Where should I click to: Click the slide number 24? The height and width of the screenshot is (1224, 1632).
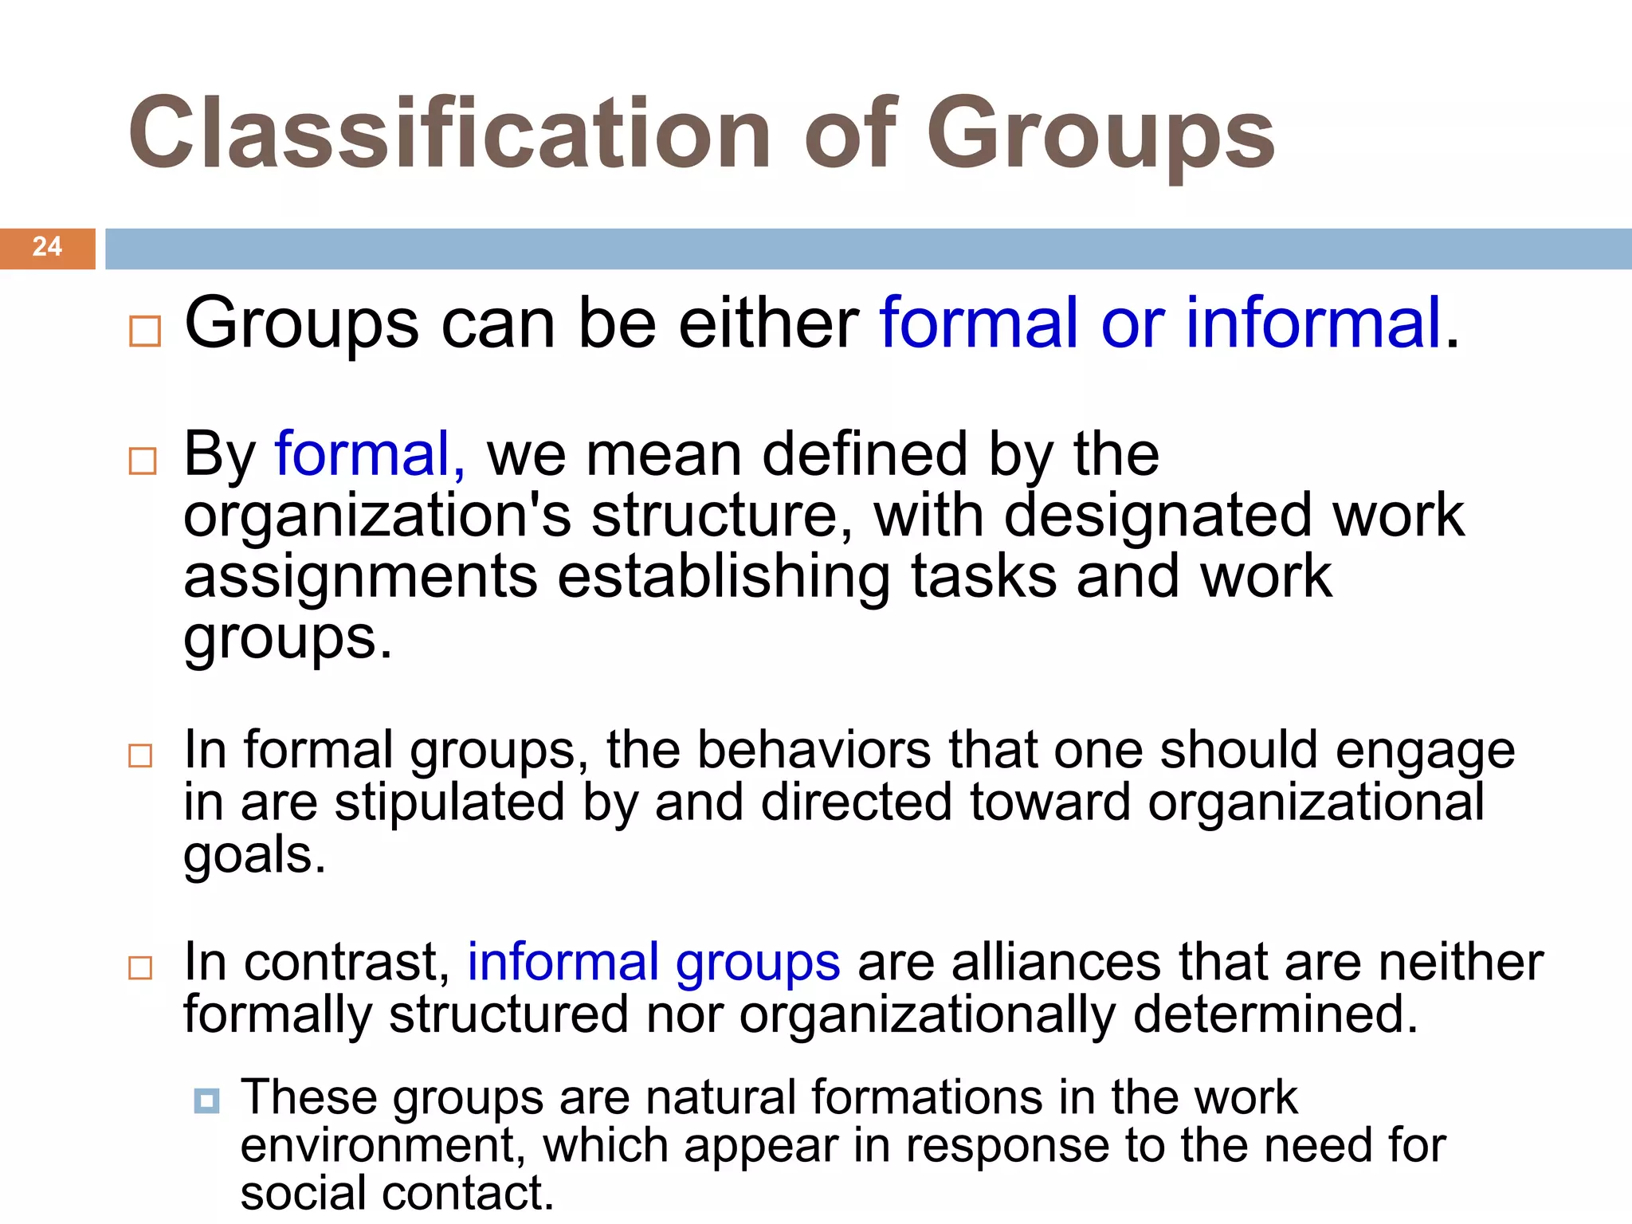pyautogui.click(x=47, y=247)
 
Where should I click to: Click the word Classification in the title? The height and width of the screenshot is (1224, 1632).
pyautogui.click(x=449, y=134)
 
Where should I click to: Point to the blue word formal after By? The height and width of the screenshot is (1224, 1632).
pyautogui.click(x=370, y=453)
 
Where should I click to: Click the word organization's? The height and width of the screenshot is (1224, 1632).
pyautogui.click(x=377, y=516)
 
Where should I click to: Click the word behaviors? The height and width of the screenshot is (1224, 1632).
pyautogui.click(x=814, y=750)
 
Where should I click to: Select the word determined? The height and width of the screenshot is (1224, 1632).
pyautogui.click(x=1274, y=1014)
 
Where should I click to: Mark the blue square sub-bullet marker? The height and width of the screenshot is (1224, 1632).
pyautogui.click(x=206, y=1101)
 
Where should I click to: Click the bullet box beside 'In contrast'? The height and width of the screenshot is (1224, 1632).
pyautogui.click(x=140, y=968)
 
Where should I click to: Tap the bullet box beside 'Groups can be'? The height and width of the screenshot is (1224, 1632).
pyautogui.click(x=145, y=331)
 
